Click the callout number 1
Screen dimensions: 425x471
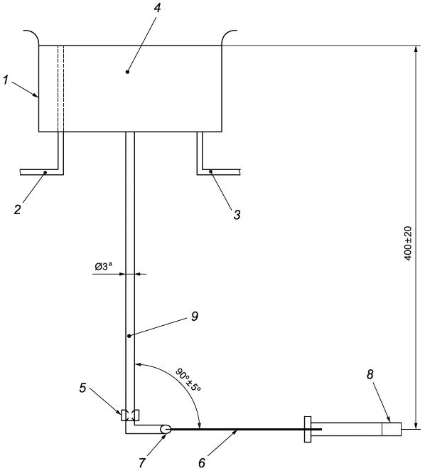click(6, 80)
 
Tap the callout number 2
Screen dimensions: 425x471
click(18, 209)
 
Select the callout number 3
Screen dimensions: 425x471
click(237, 214)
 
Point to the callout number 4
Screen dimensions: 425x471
click(157, 8)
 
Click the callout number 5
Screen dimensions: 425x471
click(83, 388)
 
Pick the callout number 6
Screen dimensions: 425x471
click(202, 463)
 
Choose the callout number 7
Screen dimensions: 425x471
click(142, 463)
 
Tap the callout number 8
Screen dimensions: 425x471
click(370, 374)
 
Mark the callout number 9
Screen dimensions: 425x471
click(195, 317)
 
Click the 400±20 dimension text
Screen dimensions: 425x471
click(408, 243)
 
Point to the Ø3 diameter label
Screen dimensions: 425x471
click(104, 266)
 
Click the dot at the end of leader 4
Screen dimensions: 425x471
click(127, 72)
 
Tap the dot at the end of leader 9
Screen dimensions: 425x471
click(129, 336)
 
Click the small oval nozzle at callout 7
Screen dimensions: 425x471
click(166, 429)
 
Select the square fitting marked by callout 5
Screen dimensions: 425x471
click(130, 416)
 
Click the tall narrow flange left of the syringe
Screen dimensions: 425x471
click(308, 429)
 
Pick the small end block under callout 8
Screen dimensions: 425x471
click(392, 429)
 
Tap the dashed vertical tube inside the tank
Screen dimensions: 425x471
click(60, 89)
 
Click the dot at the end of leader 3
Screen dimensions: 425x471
click(210, 171)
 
